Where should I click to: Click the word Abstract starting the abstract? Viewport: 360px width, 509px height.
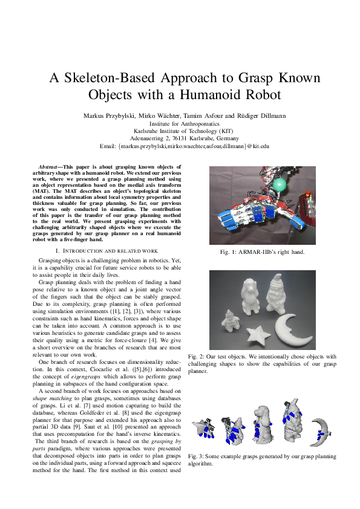coord(48,166)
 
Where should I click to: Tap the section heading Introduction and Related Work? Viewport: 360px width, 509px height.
coord(106,250)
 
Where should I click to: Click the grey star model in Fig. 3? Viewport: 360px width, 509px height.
coord(201,429)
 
